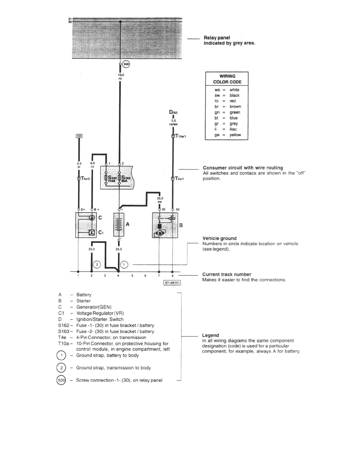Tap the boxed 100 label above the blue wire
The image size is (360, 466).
tap(79, 136)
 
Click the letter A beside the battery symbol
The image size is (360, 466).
tap(127, 224)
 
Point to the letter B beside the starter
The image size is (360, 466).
tap(181, 226)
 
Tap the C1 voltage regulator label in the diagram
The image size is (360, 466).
tap(101, 233)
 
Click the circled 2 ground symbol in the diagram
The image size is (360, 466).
tap(98, 264)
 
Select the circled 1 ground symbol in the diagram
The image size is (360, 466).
tap(124, 264)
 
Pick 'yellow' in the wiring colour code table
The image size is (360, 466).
tap(235, 135)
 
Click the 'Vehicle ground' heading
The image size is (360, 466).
tap(219, 238)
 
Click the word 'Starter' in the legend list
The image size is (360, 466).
tap(84, 301)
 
